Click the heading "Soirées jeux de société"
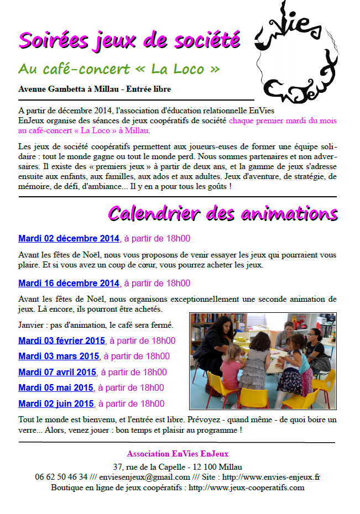click(129, 40)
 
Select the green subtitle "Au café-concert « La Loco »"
click(119, 69)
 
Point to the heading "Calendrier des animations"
click(222, 213)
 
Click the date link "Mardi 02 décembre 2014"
click(69, 239)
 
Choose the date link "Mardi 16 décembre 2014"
click(69, 283)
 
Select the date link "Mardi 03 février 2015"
click(61, 340)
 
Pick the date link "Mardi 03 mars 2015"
click(59, 356)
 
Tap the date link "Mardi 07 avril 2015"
click(57, 372)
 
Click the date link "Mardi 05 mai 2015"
click(55, 387)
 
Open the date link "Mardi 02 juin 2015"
click(56, 403)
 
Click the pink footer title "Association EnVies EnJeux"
click(177, 454)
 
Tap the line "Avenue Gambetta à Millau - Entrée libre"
click(95, 88)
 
